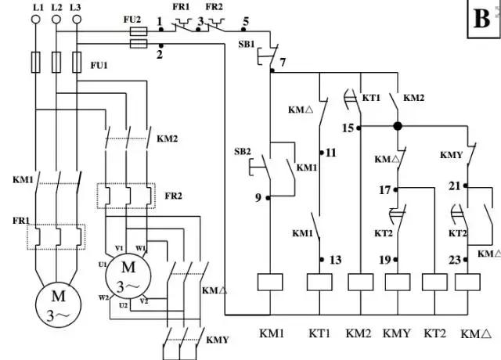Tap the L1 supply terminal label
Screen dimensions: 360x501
click(36, 6)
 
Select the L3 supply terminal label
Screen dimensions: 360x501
click(75, 6)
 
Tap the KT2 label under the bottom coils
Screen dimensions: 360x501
click(434, 333)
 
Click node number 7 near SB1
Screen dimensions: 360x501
click(283, 61)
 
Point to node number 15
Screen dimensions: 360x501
click(348, 126)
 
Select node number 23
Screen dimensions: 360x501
click(453, 259)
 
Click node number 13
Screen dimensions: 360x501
click(336, 259)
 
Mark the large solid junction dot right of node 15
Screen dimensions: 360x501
click(398, 126)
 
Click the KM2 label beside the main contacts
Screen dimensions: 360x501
click(168, 139)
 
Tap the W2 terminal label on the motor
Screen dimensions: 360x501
click(104, 297)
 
